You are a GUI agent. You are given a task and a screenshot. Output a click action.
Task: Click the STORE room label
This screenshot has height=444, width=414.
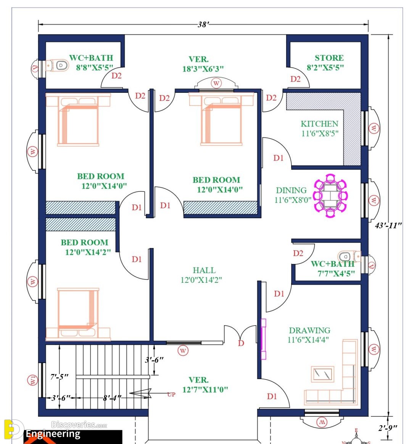coord(329,58)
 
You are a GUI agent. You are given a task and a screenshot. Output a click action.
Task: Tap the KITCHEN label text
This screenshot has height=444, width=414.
coord(319,124)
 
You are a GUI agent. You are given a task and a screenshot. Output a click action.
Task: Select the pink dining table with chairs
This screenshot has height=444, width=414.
coord(330,196)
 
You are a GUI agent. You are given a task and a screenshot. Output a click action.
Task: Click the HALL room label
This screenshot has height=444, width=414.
coord(204,270)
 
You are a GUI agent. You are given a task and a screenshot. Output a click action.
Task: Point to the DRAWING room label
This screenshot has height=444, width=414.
coord(310,330)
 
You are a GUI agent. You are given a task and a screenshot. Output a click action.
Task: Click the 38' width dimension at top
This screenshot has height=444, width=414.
coord(203,24)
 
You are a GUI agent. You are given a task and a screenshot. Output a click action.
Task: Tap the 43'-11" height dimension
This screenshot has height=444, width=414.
coord(388,225)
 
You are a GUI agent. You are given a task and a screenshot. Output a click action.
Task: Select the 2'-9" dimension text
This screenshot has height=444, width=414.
coord(388,428)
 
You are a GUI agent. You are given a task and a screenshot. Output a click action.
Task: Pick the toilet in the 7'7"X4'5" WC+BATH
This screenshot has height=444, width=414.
coord(350,256)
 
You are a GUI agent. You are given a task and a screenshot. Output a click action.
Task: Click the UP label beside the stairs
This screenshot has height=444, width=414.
coord(171,394)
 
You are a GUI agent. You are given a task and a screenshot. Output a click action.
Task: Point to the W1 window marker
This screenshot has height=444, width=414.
coord(33,380)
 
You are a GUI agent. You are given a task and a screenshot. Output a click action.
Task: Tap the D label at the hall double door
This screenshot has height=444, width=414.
coord(241,343)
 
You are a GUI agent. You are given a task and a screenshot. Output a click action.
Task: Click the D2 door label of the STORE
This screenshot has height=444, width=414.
coord(295,79)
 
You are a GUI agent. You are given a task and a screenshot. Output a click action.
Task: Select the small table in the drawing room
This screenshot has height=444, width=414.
coord(323,374)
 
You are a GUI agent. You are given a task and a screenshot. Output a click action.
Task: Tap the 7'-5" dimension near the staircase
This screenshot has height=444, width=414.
coord(59,377)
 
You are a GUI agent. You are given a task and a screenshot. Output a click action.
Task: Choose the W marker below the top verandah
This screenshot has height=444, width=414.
coord(216,83)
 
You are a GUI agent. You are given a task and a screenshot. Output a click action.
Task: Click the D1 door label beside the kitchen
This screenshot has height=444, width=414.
coord(278,158)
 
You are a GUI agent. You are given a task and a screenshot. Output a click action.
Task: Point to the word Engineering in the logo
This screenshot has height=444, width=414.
coord(53,434)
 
